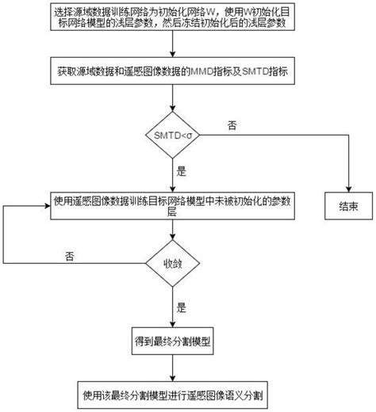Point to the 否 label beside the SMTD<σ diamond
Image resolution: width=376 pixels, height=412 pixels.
pyautogui.click(x=232, y=125)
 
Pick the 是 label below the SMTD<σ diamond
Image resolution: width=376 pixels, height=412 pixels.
pyautogui.click(x=181, y=170)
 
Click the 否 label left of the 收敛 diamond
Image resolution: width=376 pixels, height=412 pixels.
pyautogui.click(x=71, y=256)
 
